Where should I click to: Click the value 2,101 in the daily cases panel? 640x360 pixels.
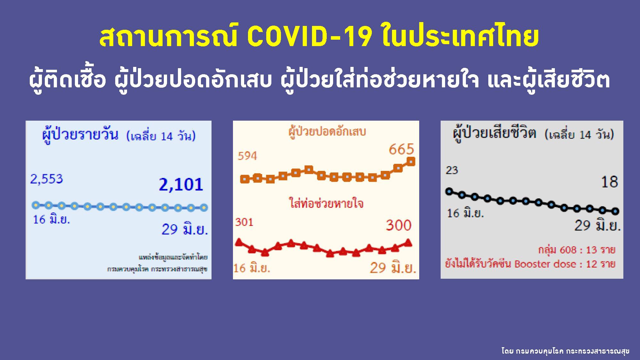(x=181, y=185)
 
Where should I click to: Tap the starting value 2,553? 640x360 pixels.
(x=46, y=179)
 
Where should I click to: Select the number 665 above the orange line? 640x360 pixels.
(x=401, y=149)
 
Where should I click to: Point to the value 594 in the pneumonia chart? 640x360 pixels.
(x=247, y=156)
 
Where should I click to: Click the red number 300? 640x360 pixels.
(x=398, y=225)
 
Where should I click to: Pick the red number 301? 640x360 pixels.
(x=244, y=222)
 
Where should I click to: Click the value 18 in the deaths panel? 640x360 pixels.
(x=609, y=182)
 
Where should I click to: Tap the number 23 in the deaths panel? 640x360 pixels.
(x=452, y=170)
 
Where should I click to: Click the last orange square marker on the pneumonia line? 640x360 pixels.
(x=411, y=162)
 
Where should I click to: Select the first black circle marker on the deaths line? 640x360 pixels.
(x=449, y=192)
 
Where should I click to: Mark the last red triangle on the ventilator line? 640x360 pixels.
(x=408, y=243)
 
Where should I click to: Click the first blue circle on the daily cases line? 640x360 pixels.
(x=36, y=205)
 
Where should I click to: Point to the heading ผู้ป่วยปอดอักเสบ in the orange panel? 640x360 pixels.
(x=327, y=132)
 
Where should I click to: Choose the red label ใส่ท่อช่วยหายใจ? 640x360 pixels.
(x=326, y=204)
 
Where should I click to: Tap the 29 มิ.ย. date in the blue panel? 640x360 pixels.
(x=185, y=229)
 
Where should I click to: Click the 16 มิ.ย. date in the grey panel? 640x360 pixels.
(x=465, y=213)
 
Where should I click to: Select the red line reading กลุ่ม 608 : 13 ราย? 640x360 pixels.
(x=576, y=250)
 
